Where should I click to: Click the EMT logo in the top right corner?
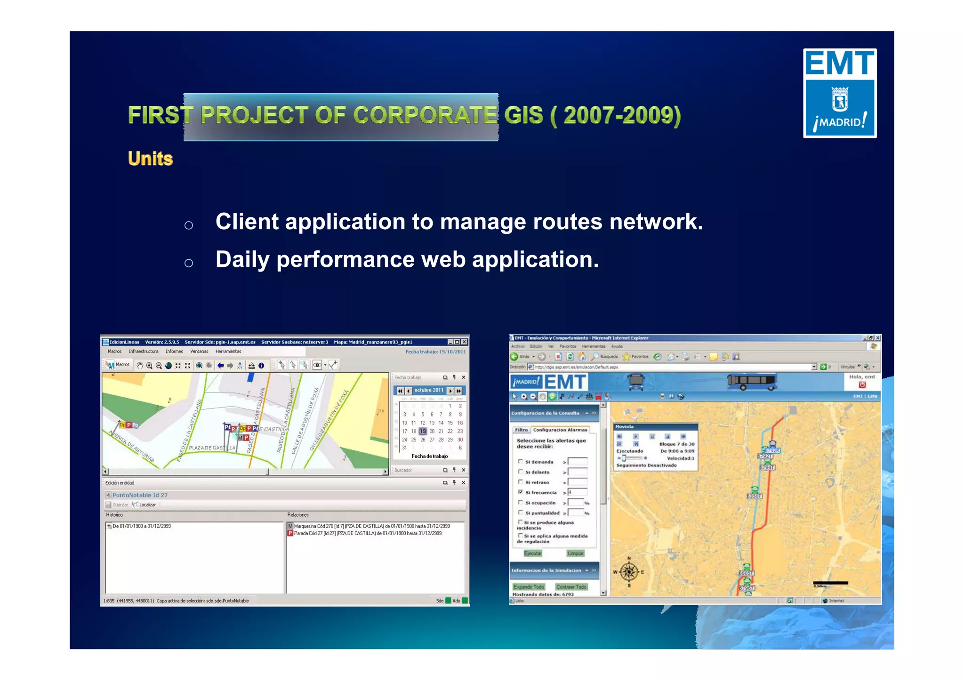click(839, 93)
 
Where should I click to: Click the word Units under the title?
click(150, 159)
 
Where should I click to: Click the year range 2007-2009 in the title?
click(621, 115)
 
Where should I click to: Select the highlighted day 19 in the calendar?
click(422, 431)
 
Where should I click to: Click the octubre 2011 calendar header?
click(428, 390)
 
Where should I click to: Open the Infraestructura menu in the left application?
click(144, 352)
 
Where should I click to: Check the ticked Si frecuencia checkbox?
click(521, 492)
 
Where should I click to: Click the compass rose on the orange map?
click(629, 572)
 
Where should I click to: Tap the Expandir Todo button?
click(529, 587)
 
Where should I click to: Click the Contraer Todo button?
click(571, 587)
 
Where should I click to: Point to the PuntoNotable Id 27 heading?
click(140, 495)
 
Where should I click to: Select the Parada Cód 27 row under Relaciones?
click(367, 533)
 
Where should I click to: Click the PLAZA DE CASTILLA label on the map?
click(212, 448)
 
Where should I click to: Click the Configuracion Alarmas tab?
click(560, 430)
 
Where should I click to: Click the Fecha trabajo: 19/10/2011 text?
click(435, 352)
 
